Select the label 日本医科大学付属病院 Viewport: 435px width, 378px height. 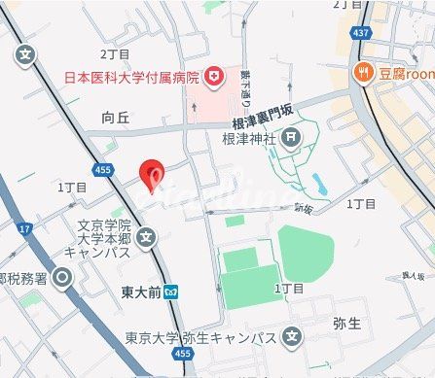click(x=130, y=76)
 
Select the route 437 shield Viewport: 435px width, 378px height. click(x=362, y=33)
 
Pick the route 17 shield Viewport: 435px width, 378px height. click(x=25, y=228)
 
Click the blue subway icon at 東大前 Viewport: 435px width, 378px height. click(x=171, y=290)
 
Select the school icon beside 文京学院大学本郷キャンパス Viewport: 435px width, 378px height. click(x=146, y=235)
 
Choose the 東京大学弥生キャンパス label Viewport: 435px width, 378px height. click(x=200, y=338)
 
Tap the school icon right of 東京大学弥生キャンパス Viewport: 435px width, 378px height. click(x=292, y=338)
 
